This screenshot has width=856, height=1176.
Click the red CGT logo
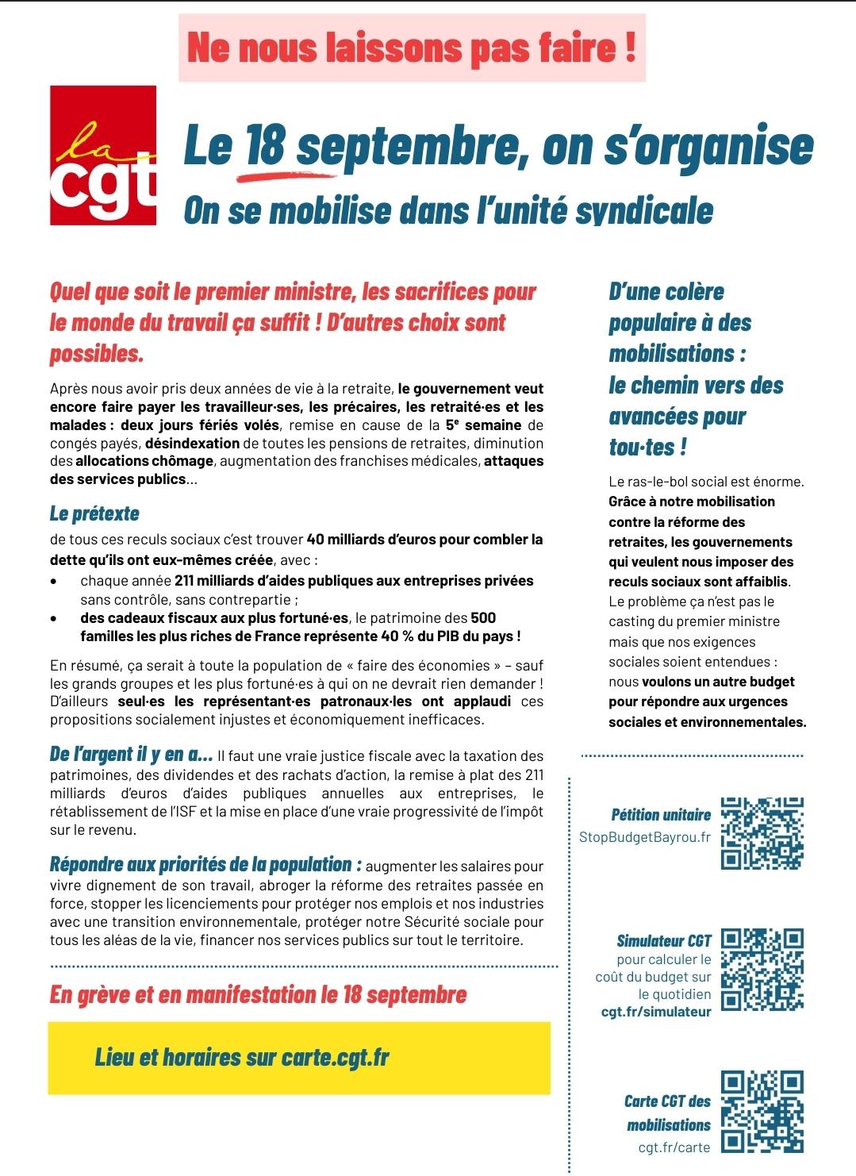pyautogui.click(x=103, y=156)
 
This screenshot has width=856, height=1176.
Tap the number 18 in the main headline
pyautogui.click(x=265, y=147)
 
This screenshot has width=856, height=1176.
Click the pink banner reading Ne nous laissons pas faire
pyautogui.click(x=412, y=48)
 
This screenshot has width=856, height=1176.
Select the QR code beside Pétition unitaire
pyautogui.click(x=762, y=833)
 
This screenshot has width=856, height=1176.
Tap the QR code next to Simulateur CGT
pyautogui.click(x=762, y=970)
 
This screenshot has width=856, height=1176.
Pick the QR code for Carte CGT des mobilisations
pyautogui.click(x=762, y=1111)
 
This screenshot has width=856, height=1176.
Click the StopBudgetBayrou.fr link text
pyautogui.click(x=645, y=837)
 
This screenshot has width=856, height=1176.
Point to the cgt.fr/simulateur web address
pyautogui.click(x=656, y=1012)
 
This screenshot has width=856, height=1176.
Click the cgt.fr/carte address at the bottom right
pyautogui.click(x=674, y=1147)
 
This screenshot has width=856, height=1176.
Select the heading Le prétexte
pyautogui.click(x=94, y=513)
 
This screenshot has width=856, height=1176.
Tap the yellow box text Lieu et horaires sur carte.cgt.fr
pyautogui.click(x=242, y=1057)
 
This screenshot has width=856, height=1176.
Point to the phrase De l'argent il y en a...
pyautogui.click(x=131, y=755)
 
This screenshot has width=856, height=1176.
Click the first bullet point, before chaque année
pyautogui.click(x=53, y=582)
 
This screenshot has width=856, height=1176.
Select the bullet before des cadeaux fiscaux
pyautogui.click(x=53, y=618)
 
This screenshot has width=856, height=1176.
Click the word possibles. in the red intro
pyautogui.click(x=97, y=354)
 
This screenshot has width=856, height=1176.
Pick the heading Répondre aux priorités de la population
pyautogui.click(x=205, y=864)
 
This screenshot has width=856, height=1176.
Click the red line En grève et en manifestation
pyautogui.click(x=258, y=994)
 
